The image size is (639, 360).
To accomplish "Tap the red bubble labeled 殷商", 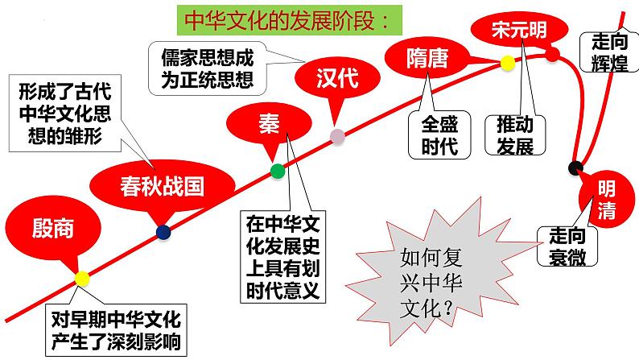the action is (53, 228).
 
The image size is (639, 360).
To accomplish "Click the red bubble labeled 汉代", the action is (336, 79).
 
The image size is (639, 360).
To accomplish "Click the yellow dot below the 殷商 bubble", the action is (82, 278).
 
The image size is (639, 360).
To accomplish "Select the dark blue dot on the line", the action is (163, 232).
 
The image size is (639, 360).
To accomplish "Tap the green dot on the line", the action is (278, 170).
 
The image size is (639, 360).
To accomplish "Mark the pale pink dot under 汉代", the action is (337, 137).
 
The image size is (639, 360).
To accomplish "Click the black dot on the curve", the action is (575, 168).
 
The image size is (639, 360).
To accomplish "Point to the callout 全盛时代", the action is (438, 134).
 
